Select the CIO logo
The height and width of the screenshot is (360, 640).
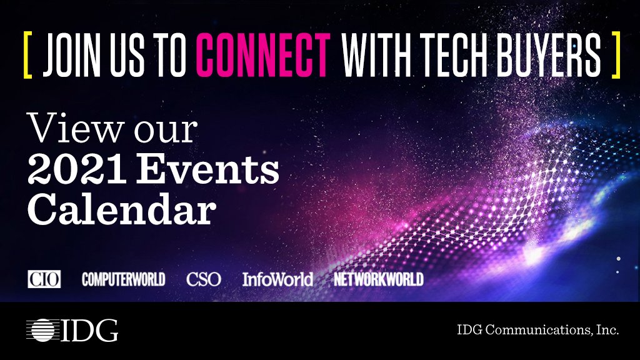point(44,279)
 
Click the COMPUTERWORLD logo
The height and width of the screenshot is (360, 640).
point(123,279)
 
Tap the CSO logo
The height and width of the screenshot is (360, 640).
point(203,279)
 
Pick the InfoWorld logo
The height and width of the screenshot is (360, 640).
point(277,279)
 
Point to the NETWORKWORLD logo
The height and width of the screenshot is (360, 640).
point(378,279)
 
